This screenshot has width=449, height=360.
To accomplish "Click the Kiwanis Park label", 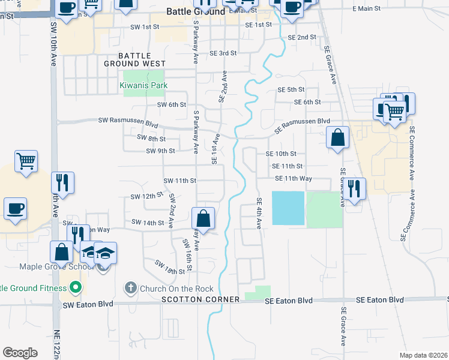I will [x=142, y=86].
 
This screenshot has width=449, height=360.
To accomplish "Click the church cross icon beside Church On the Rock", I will [x=130, y=288].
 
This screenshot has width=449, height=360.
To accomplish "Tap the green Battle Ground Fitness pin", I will [x=75, y=288].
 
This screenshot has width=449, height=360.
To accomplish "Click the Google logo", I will [x=20, y=353].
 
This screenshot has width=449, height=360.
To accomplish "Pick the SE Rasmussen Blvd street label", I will [x=303, y=125].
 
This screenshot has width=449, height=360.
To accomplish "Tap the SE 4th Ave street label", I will [x=259, y=213].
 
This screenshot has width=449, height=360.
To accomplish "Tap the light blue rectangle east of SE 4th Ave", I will [x=288, y=208].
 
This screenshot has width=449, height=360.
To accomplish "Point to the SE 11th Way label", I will [x=294, y=178].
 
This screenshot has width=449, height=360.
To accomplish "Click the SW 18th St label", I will [x=170, y=267].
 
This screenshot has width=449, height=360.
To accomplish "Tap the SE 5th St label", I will [x=291, y=89].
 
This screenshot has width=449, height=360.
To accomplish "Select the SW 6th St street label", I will [x=172, y=104].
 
